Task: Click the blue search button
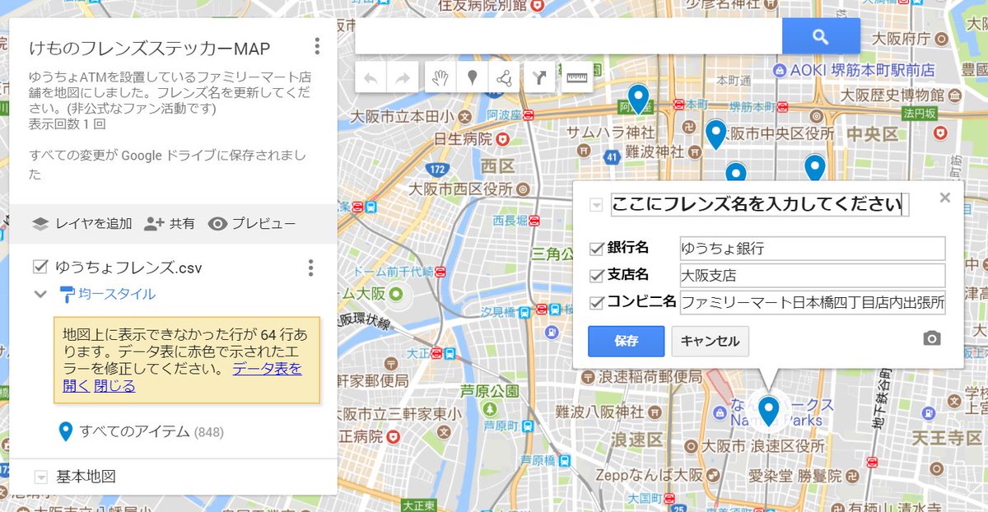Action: tap(820, 36)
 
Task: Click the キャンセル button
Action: tap(710, 341)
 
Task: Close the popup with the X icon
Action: tap(944, 198)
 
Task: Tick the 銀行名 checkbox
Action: tap(597, 249)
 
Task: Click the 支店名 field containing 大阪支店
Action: tap(812, 275)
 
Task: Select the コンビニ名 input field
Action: tap(812, 302)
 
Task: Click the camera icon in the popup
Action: tap(931, 338)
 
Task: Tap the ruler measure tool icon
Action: tap(577, 78)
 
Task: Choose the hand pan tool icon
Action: tap(440, 78)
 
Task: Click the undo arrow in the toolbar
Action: tap(371, 78)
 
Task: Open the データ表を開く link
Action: tap(266, 369)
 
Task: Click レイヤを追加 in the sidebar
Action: tap(82, 224)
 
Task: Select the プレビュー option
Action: tap(252, 224)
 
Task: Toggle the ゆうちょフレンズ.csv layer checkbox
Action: tap(40, 267)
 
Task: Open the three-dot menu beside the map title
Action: tap(317, 46)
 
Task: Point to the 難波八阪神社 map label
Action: tap(599, 412)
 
